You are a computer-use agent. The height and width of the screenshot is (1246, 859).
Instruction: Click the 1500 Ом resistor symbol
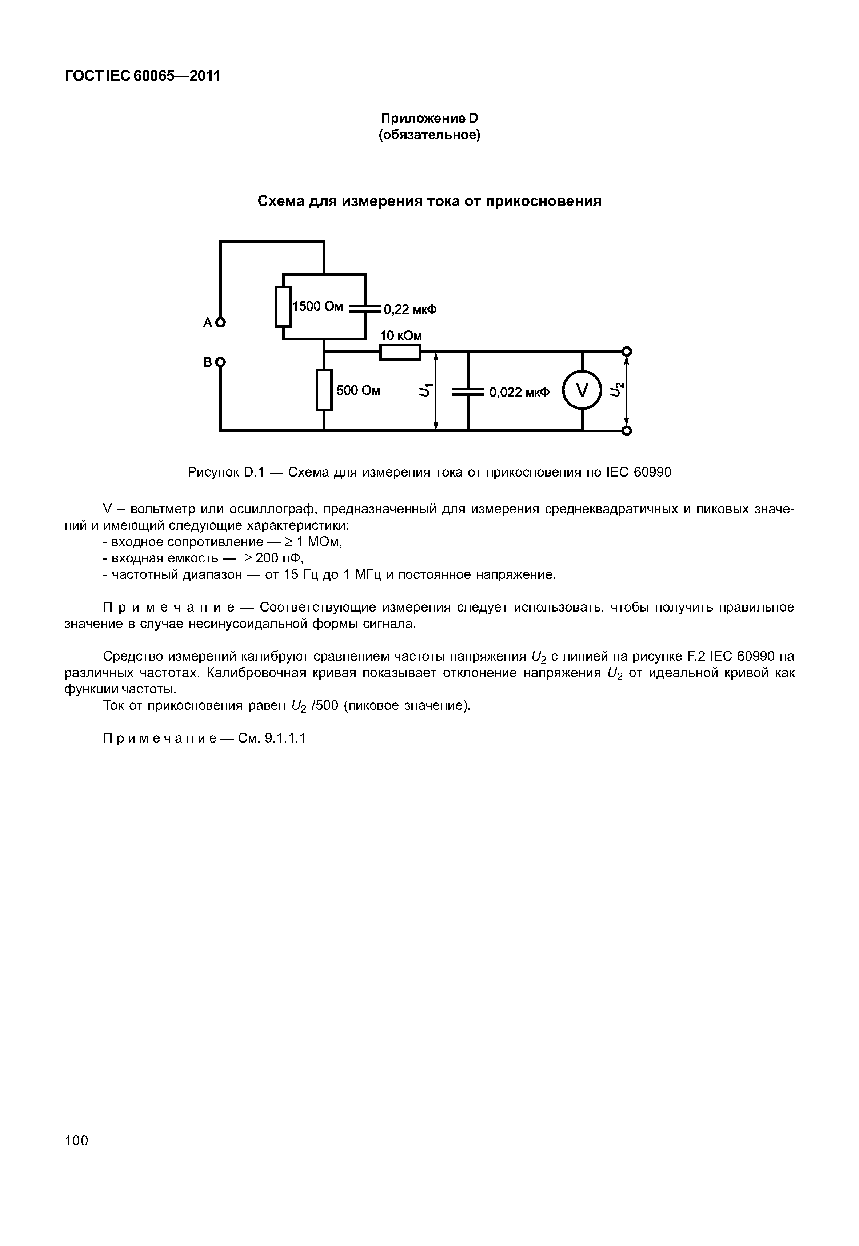283,306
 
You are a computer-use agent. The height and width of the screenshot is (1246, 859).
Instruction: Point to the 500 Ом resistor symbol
324,390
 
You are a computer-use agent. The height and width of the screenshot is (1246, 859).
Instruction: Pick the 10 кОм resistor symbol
400,352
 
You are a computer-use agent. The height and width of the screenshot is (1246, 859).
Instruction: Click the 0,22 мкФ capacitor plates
365,308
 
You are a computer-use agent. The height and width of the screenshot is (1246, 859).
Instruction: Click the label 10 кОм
401,336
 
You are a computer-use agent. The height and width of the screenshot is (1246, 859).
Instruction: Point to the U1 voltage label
425,390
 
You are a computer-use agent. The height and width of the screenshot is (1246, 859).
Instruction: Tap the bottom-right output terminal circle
626,431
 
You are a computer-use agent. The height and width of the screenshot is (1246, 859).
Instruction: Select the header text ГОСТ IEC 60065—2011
143,76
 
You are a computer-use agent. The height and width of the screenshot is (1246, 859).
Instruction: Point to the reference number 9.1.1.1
285,738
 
